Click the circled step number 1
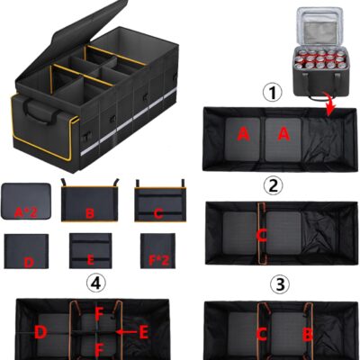[273, 94]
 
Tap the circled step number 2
[273, 186]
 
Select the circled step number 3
[280, 284]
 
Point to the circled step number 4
[96, 283]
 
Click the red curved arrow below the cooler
[328, 104]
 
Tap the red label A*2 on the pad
[26, 212]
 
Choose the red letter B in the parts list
[90, 213]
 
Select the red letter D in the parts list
[29, 263]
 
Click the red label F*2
[159, 261]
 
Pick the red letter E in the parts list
[90, 260]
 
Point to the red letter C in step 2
[262, 236]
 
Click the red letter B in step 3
[308, 334]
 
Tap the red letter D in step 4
[40, 332]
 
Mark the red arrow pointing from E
[126, 332]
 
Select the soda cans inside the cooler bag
[319, 59]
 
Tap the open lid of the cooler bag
[319, 26]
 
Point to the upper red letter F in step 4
[99, 314]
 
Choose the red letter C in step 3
[262, 334]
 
